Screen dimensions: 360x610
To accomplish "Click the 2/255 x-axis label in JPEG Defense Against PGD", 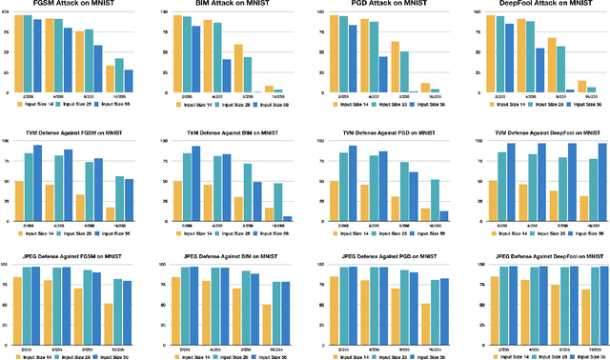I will click(334, 345).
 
